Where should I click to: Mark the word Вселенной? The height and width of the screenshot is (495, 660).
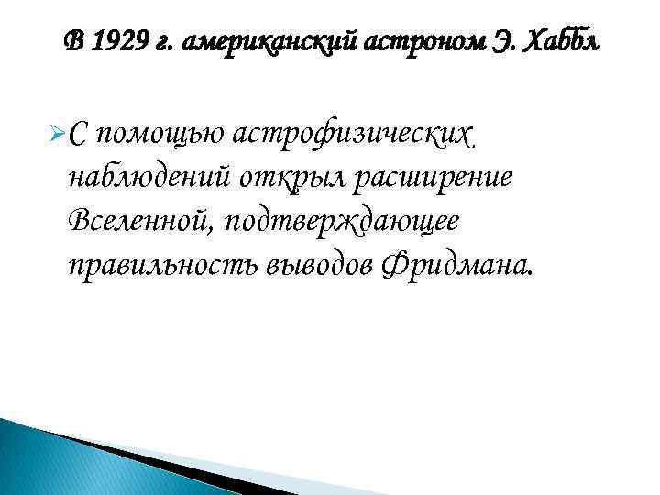pos(131,222)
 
